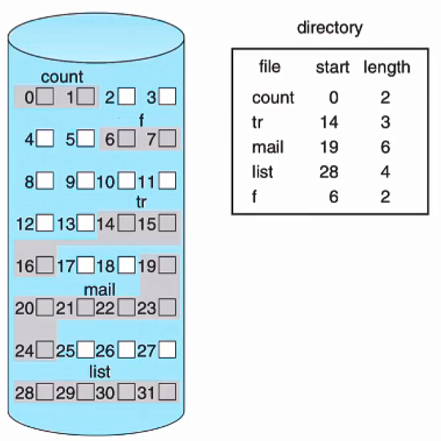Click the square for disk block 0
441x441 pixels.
45,98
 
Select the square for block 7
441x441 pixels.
168,139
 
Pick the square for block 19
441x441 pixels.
168,266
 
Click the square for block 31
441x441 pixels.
168,392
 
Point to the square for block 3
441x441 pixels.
168,98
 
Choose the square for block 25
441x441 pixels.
86,350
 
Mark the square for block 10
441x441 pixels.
127,181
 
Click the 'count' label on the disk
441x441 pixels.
62,78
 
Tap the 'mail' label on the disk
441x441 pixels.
100,290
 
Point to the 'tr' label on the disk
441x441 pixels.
142,202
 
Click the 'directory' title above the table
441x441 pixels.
329,28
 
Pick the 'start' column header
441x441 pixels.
332,68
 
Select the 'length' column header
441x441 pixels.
387,68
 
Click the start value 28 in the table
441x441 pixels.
329,172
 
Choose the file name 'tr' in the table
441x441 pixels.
258,122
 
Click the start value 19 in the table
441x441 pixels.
329,147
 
